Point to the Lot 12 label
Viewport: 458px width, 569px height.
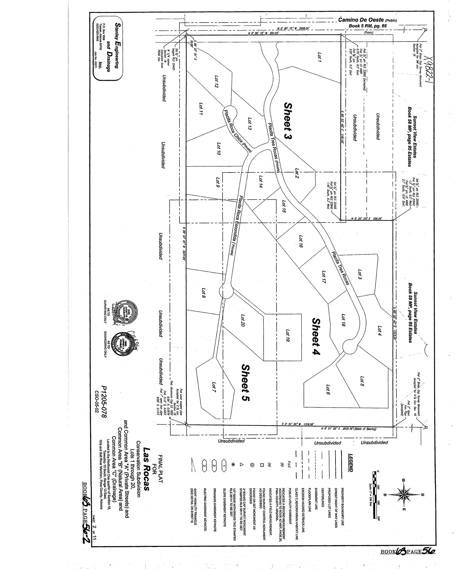point(216,82)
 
